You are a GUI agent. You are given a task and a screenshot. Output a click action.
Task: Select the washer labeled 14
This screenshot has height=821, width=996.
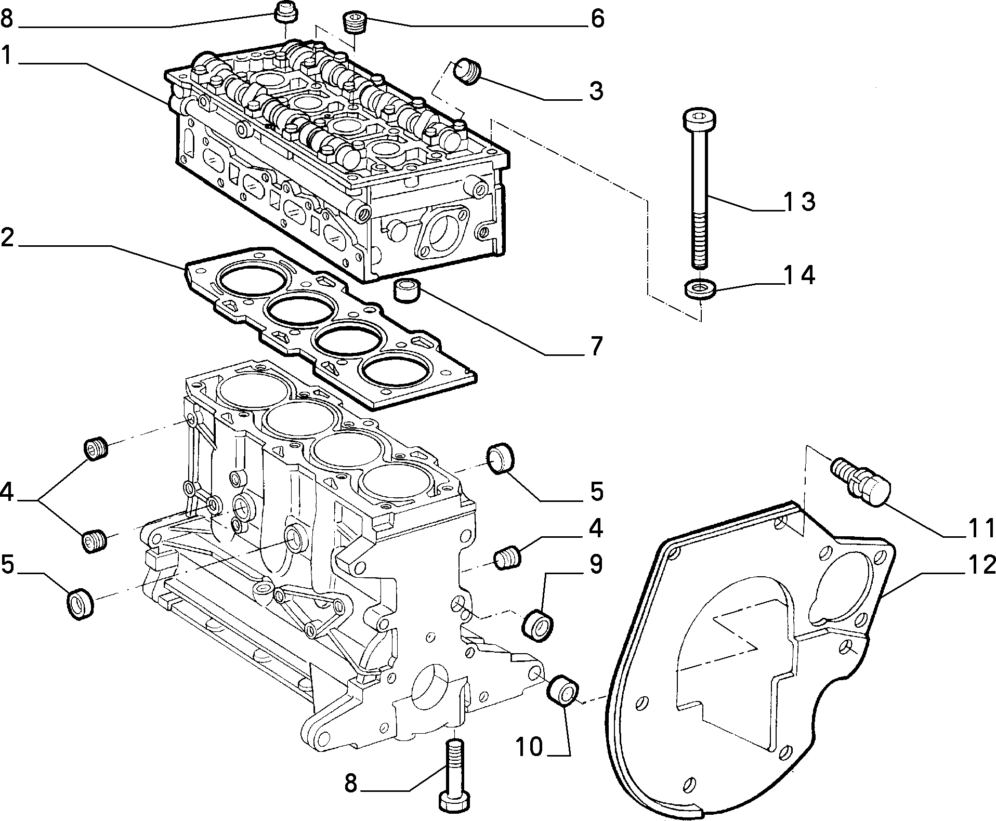coord(700,289)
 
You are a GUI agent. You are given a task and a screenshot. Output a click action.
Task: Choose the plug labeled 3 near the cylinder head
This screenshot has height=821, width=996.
coord(468,72)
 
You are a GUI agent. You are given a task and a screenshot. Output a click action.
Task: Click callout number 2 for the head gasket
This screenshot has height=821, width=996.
coord(7,237)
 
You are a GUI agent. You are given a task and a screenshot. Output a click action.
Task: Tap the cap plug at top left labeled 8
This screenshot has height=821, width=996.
coord(285,12)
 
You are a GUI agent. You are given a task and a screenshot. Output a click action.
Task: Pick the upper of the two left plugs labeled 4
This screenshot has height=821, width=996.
coord(95,449)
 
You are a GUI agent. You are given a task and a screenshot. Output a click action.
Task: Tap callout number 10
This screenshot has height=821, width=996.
coord(529,747)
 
